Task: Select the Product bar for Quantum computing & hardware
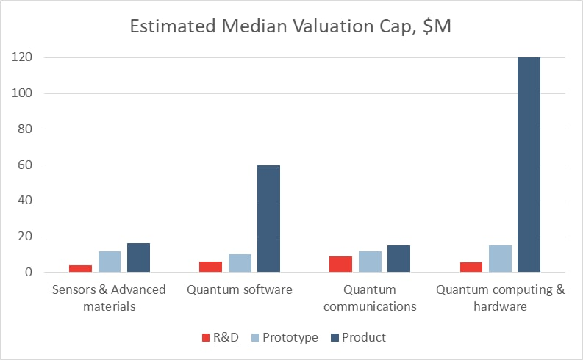pyautogui.click(x=528, y=165)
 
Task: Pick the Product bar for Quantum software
pyautogui.click(x=268, y=218)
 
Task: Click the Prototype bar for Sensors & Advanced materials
pyautogui.click(x=110, y=262)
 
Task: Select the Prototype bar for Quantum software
pyautogui.click(x=240, y=263)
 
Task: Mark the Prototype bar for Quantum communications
pyautogui.click(x=371, y=262)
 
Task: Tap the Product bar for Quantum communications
pyautogui.click(x=398, y=259)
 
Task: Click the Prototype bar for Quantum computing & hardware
pyautogui.click(x=501, y=259)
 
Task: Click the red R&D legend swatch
pyautogui.click(x=207, y=337)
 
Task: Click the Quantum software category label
pyautogui.click(x=240, y=289)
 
